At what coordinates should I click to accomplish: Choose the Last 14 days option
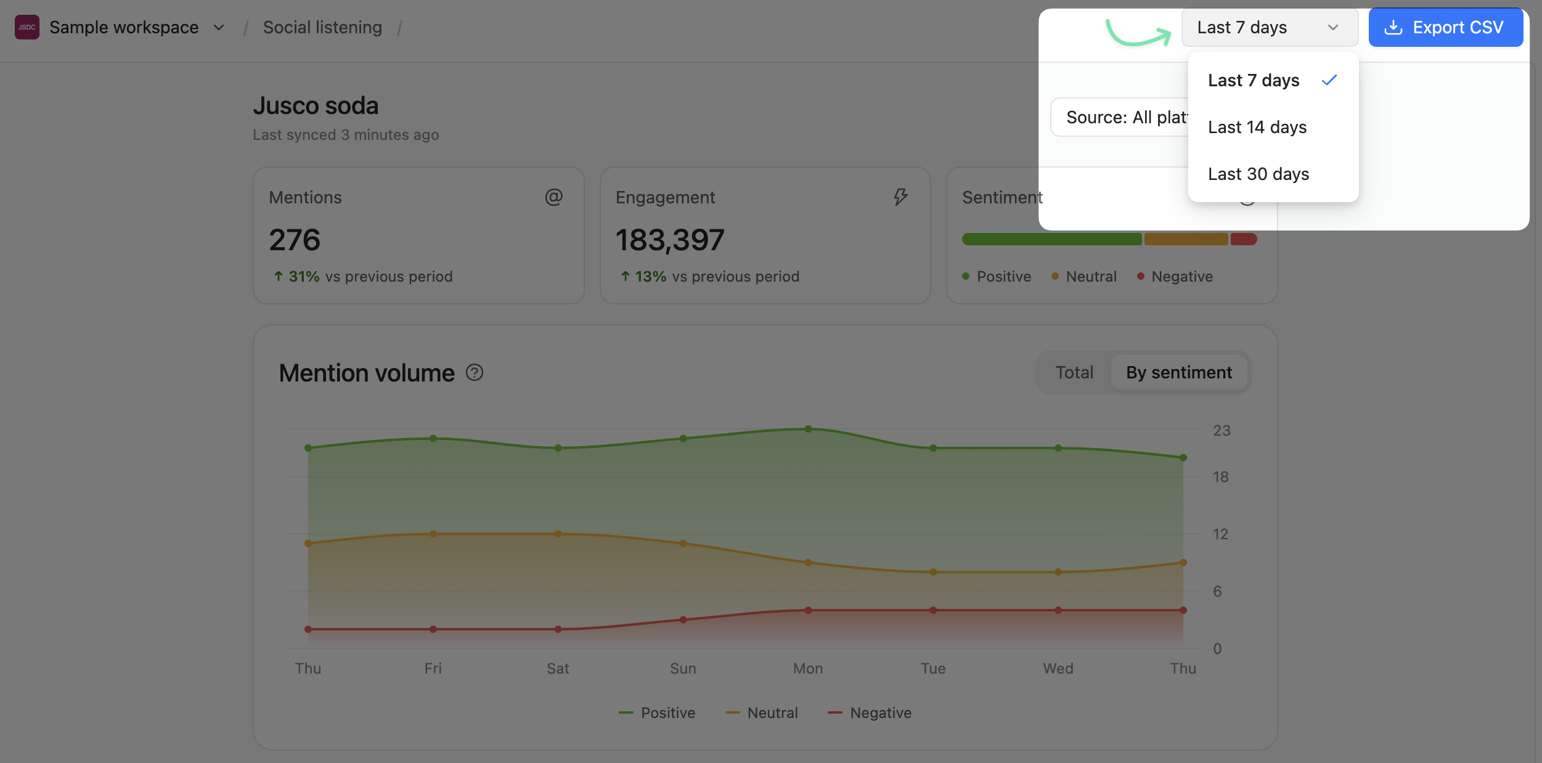click(x=1257, y=127)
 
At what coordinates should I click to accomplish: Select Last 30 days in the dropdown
click(x=1258, y=174)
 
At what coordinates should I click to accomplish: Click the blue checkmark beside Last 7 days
click(x=1329, y=80)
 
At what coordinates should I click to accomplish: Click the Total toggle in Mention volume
click(x=1074, y=372)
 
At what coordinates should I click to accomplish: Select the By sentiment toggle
click(x=1179, y=372)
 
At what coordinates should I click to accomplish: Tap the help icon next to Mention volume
click(x=475, y=372)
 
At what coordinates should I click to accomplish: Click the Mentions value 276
click(x=295, y=240)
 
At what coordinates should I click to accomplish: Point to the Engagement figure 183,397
click(x=670, y=240)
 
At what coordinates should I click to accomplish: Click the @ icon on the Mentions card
click(x=553, y=197)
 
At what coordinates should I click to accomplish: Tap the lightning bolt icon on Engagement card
click(x=900, y=197)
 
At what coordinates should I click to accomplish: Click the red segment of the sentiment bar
click(x=1244, y=239)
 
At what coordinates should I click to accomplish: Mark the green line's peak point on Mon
click(x=808, y=429)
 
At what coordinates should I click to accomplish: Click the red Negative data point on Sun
click(x=683, y=619)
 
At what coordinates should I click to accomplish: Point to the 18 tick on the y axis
click(x=1220, y=476)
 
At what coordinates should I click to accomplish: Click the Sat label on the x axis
click(x=558, y=668)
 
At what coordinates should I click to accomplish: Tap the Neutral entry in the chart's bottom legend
click(x=762, y=712)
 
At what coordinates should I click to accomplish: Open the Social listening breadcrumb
click(x=322, y=27)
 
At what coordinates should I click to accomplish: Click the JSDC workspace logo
click(x=27, y=27)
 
